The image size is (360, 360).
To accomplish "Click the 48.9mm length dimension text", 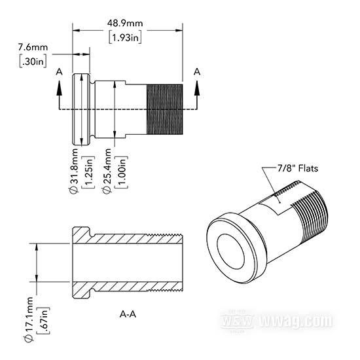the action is click(125, 23).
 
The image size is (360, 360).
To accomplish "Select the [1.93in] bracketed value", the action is click(125, 37).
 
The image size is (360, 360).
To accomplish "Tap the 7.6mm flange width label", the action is click(33, 47).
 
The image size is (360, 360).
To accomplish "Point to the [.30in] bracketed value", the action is click(33, 62).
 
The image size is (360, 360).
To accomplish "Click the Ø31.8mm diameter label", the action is click(75, 171).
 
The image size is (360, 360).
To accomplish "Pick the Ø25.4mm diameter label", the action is click(107, 171).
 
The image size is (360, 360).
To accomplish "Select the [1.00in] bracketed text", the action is click(121, 172).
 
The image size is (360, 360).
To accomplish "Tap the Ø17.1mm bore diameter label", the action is click(29, 319).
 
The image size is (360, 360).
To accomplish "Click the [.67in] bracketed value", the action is click(43, 321).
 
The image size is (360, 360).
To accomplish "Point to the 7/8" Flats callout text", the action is click(298, 168).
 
